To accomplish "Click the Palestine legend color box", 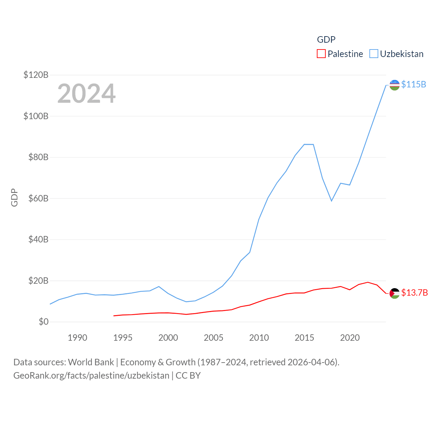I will coord(321,54).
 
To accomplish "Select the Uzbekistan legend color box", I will coord(374,54).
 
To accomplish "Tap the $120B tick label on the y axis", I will coord(36,75).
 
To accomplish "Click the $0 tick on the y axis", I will coord(43,322).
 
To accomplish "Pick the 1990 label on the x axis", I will coord(77,338).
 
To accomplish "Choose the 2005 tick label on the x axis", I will coord(213,338).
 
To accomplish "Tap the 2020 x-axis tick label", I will coord(350,338).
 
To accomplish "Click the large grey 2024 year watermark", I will coord(86,93).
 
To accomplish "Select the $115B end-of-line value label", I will coord(413,84).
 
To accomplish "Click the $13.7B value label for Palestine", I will coord(414,293).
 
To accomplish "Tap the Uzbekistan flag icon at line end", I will coord(394,85).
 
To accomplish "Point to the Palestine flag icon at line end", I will coord(394,293).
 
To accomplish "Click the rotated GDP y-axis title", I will coord(14,197).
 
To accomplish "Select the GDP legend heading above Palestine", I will coord(326,40).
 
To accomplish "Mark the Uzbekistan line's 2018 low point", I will coord(332,201).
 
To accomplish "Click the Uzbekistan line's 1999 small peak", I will coord(159,286).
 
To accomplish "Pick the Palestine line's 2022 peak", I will coord(368,282).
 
